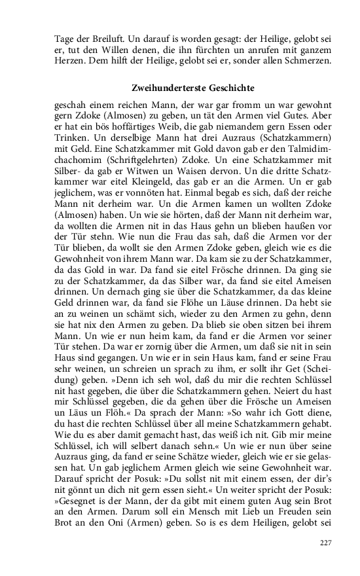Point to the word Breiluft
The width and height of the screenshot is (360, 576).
pos(101,38)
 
